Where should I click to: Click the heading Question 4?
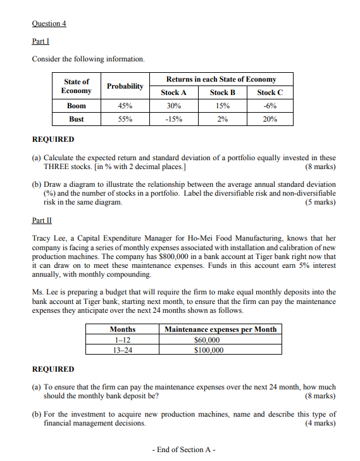[x=49, y=23]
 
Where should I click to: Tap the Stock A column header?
[x=173, y=92]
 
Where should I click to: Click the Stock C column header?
[x=270, y=92]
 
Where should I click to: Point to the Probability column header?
[x=125, y=86]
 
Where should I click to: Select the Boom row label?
[x=76, y=106]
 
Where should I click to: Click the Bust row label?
[x=76, y=119]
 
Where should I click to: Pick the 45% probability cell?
[x=125, y=106]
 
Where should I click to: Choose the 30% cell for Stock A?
[x=173, y=106]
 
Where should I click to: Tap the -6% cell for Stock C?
[x=270, y=106]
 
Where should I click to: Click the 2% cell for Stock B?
[x=221, y=119]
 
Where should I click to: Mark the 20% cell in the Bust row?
[x=270, y=119]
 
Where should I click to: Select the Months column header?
[x=122, y=329]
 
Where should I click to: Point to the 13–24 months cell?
[x=122, y=350]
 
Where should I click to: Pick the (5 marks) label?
[x=320, y=203]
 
